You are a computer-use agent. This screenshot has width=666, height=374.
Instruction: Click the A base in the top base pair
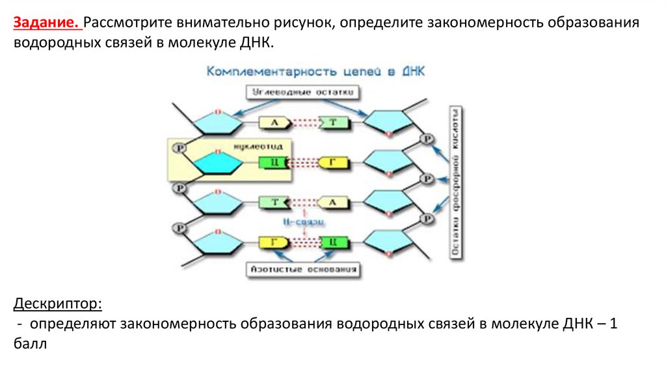coord(274,122)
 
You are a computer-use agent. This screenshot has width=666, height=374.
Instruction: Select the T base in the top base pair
coord(333,122)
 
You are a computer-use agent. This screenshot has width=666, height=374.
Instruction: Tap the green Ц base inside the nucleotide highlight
coord(274,162)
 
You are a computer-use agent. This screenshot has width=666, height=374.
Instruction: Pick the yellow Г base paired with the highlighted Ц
coord(332,162)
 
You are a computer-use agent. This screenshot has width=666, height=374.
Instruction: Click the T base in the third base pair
coord(274,202)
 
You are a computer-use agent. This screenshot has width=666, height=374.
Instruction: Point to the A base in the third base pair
coord(332,202)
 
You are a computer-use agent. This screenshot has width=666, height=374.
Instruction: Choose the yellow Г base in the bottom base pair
coord(274,242)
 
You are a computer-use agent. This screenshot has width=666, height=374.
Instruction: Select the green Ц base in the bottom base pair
coord(332,242)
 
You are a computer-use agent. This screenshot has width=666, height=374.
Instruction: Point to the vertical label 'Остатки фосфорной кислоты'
coord(457,182)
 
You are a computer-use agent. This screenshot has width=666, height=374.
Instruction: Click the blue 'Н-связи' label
coord(304,222)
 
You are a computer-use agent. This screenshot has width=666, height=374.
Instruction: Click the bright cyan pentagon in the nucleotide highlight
coord(211,163)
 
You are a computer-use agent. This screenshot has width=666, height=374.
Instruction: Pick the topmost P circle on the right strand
coord(427,139)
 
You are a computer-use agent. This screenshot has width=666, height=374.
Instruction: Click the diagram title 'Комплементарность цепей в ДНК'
coord(315,72)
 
